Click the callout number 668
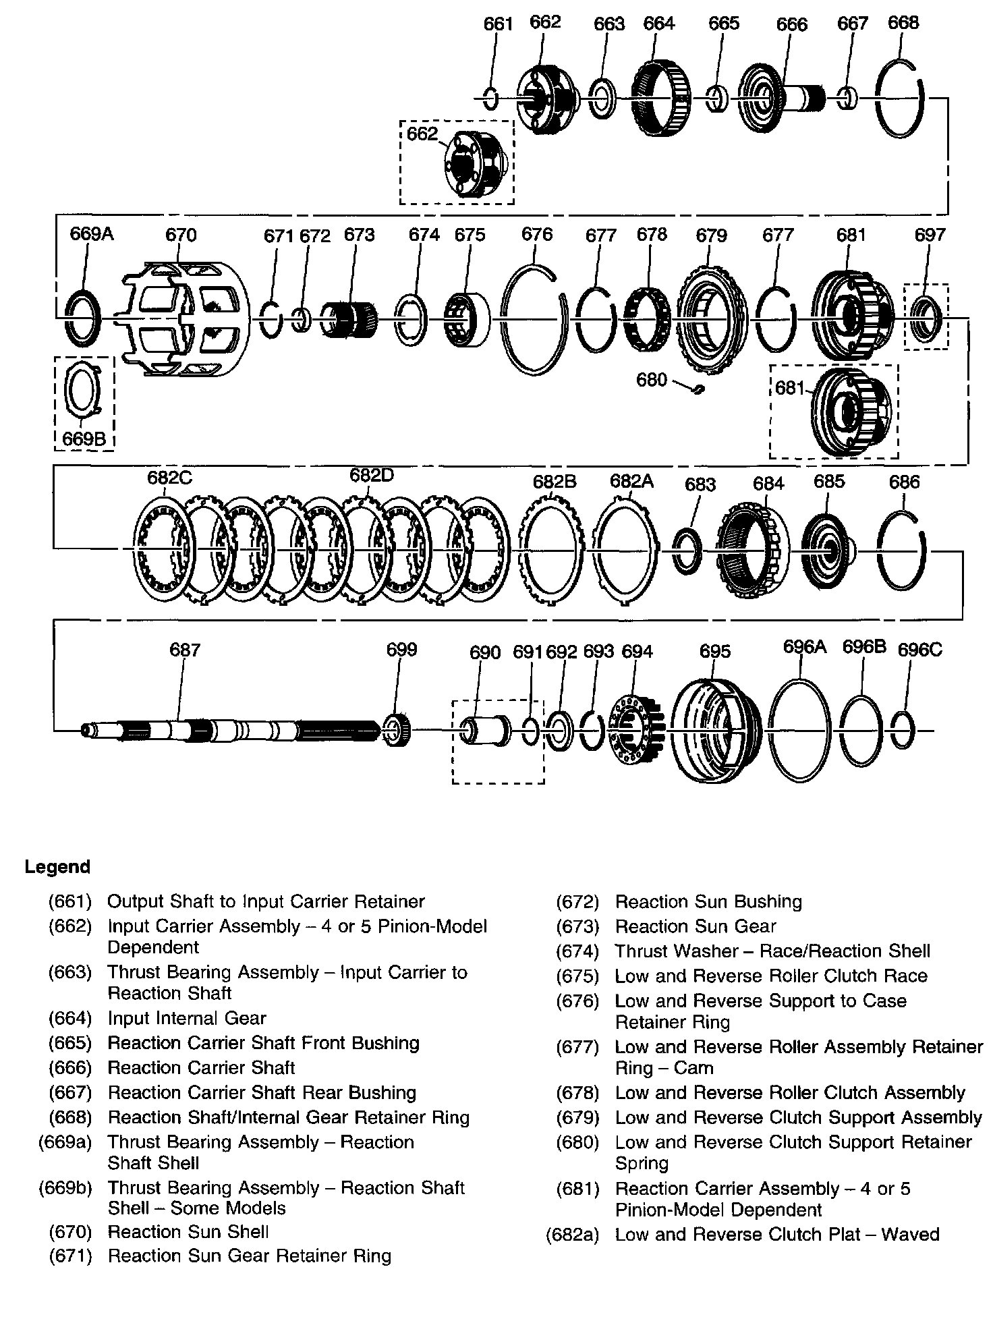903,23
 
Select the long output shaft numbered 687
229,731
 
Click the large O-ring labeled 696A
799,730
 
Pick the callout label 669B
84,439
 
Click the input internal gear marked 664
660,98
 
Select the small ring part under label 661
492,99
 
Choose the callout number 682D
371,475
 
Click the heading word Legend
57,867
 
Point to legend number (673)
577,926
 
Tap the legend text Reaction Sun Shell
188,1232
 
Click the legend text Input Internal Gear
187,1018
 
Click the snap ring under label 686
902,550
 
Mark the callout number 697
930,235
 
